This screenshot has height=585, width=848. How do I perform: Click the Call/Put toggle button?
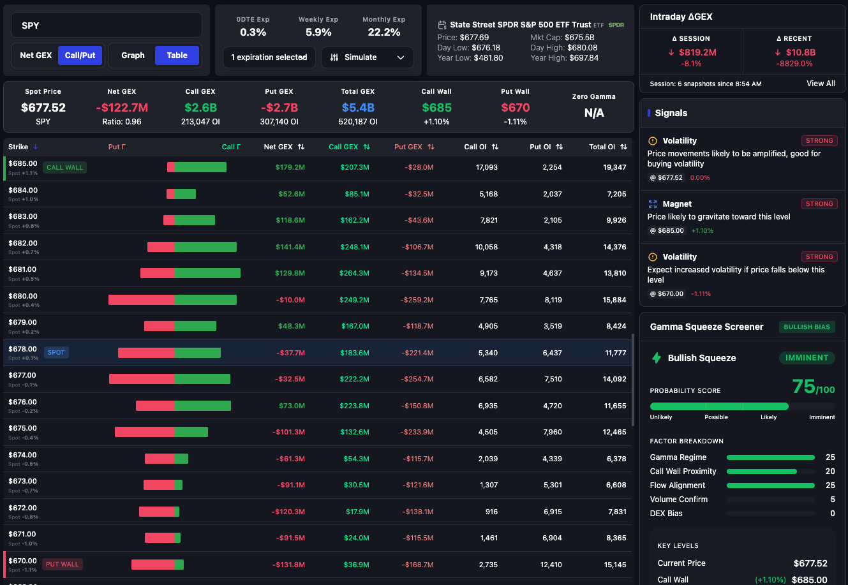(80, 56)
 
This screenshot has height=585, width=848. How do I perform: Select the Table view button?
(177, 56)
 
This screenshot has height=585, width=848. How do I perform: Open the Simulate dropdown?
(367, 57)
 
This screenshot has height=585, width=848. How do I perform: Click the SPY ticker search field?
(107, 26)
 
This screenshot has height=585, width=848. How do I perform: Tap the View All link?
(821, 84)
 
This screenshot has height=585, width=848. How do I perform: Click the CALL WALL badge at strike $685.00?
(65, 168)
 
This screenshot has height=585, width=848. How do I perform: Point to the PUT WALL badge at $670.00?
(63, 565)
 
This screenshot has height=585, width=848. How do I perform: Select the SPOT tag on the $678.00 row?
(56, 353)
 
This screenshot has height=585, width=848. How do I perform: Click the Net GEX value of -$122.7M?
(122, 108)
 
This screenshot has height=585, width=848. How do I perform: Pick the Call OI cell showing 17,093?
(487, 168)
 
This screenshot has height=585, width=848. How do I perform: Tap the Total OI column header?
(602, 147)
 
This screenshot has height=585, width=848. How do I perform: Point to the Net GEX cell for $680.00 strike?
(290, 300)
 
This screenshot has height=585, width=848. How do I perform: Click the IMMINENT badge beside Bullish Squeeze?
(807, 358)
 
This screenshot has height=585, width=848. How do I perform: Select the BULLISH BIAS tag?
(807, 327)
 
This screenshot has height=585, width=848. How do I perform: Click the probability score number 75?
(803, 387)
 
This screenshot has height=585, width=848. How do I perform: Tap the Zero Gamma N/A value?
(593, 113)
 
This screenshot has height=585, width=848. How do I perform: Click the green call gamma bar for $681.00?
(207, 273)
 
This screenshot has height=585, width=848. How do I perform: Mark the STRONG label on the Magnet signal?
(819, 204)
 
